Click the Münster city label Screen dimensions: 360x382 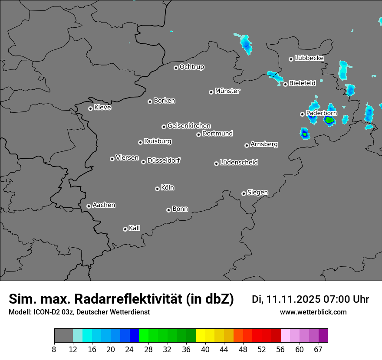(227, 91)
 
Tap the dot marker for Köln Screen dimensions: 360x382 (157, 189)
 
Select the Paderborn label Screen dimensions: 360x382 (321, 113)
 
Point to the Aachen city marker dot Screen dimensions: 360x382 (89, 206)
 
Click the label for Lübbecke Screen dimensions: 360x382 (309, 58)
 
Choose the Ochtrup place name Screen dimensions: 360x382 (192, 67)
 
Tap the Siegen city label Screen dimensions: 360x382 (257, 193)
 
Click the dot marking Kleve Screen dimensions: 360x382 (90, 108)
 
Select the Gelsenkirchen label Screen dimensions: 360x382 (189, 126)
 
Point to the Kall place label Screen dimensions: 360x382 (135, 228)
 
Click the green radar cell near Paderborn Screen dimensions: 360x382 (329, 120)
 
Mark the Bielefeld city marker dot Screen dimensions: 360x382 (285, 84)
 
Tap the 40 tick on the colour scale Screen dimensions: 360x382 (205, 349)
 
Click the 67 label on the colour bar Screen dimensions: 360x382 (318, 349)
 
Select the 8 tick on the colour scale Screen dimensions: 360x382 (54, 349)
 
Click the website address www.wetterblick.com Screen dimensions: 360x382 (313, 312)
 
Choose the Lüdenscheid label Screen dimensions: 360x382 (239, 163)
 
